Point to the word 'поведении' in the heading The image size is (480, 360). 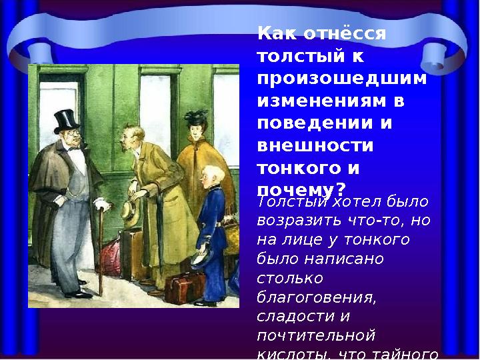(309, 124)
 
